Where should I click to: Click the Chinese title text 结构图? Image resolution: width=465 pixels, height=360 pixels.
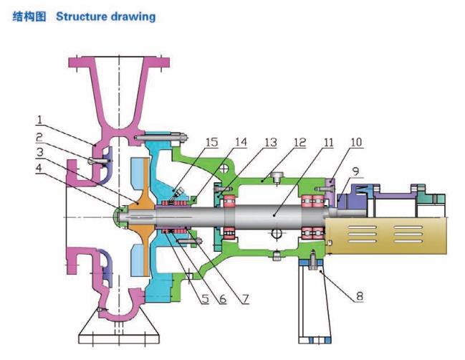[x=30, y=15]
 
